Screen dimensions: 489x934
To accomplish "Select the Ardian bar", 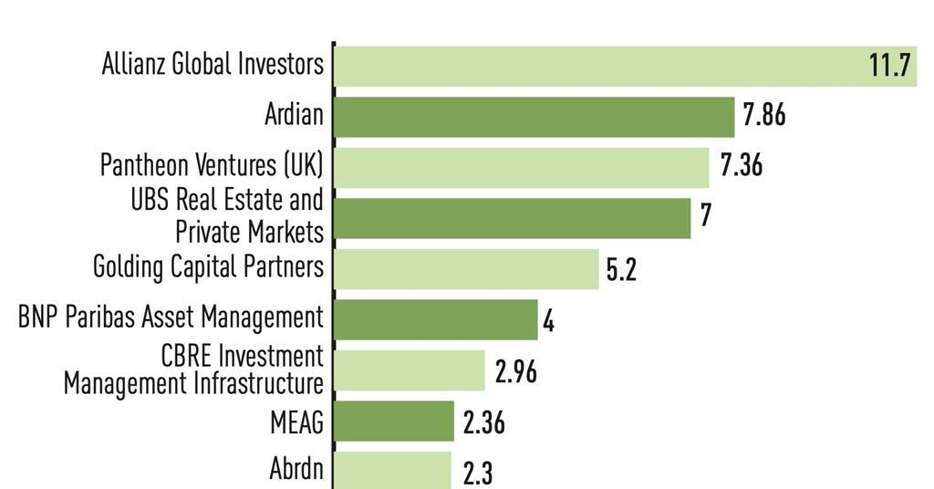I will [534, 117].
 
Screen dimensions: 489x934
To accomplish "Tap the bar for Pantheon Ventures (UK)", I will [521, 167].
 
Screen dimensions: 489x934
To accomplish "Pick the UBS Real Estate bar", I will [512, 218].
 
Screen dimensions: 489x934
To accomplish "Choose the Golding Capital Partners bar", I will [466, 269].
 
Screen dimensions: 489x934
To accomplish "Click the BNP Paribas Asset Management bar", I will [436, 320].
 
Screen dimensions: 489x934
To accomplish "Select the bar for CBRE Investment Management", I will [410, 370].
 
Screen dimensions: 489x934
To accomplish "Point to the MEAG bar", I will [394, 421].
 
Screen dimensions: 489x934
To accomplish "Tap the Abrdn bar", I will [392, 470].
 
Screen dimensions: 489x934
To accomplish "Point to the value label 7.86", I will [763, 117].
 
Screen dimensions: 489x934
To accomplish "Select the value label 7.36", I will [741, 167].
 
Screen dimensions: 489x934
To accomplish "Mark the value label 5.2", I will [621, 270].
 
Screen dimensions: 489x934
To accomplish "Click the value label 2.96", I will [515, 371].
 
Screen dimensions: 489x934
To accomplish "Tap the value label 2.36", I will [483, 422].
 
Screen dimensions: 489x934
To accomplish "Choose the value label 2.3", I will [478, 473].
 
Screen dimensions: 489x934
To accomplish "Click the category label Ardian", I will [294, 115].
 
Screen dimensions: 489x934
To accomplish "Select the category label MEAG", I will [296, 422].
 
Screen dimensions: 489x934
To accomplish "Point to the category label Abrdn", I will [296, 469].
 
